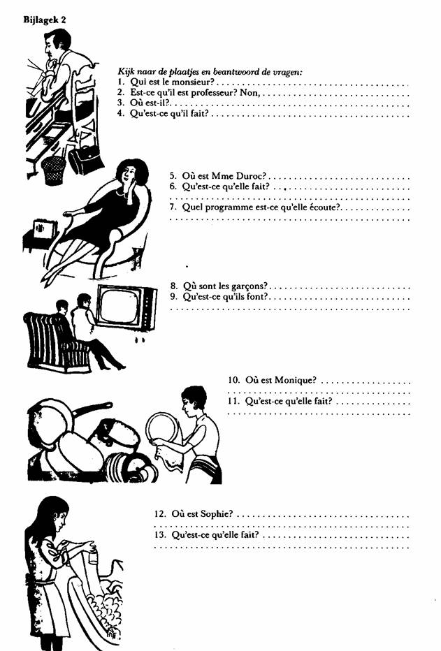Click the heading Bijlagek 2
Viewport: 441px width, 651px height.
click(45, 20)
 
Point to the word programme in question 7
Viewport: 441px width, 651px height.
click(228, 207)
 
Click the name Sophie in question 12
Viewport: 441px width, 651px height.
click(217, 514)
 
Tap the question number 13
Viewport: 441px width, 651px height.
click(160, 535)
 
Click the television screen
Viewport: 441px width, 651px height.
click(120, 306)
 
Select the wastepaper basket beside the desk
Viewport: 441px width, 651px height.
click(54, 170)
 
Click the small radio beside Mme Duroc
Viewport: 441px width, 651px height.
click(45, 229)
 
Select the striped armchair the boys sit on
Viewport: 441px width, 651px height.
click(54, 342)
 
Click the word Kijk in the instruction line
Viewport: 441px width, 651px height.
click(126, 71)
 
